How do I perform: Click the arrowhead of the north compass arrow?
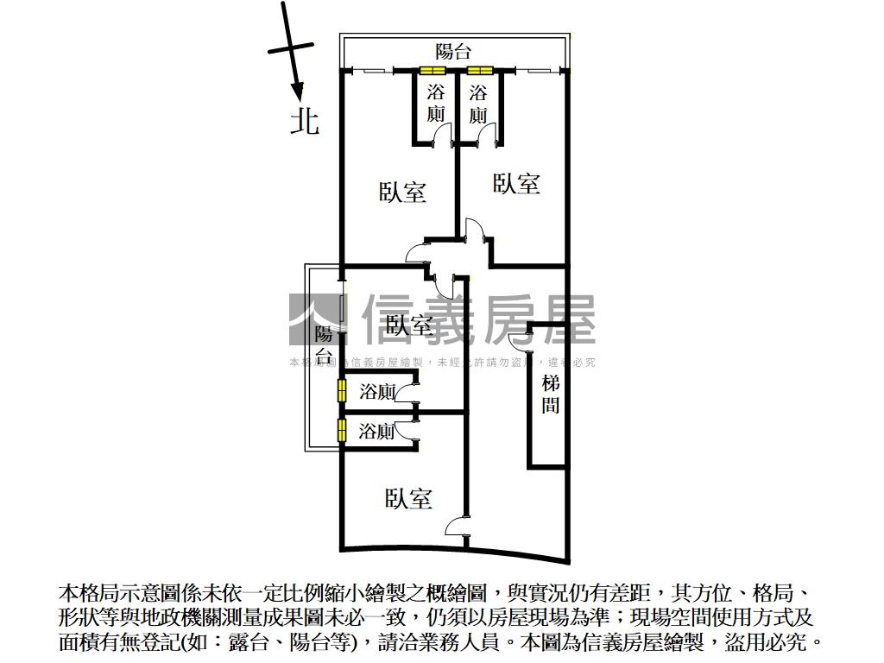click(298, 94)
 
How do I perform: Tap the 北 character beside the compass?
click(304, 121)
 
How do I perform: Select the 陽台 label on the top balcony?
click(453, 51)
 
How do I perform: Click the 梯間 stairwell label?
click(551, 395)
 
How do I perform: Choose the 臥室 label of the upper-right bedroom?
click(516, 183)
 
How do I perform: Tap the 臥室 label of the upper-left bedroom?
click(402, 192)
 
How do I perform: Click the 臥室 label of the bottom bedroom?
click(408, 498)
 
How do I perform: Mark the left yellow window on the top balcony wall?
click(433, 71)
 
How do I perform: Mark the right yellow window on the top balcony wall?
click(479, 71)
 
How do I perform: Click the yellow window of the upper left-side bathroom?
click(341, 391)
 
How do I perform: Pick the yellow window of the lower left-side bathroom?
click(341, 430)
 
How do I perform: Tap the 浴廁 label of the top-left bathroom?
click(437, 104)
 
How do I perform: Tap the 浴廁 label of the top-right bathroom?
click(478, 104)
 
